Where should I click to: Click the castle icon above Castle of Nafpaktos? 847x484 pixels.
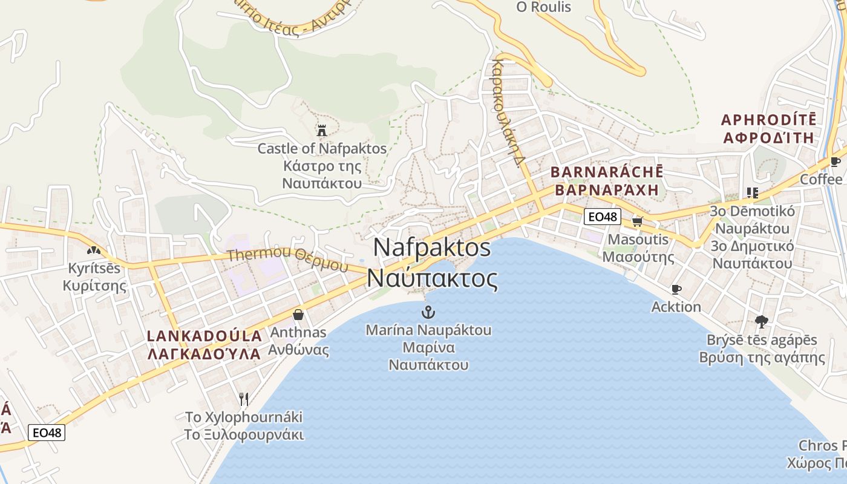point(321,130)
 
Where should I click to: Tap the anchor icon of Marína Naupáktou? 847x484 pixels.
point(428,312)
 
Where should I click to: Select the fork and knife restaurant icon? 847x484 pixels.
point(244,399)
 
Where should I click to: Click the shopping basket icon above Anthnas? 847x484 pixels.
point(298,314)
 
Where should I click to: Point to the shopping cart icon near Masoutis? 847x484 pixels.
point(636,221)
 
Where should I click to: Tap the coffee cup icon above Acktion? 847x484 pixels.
point(676,289)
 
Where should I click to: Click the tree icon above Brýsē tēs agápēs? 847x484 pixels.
point(761,322)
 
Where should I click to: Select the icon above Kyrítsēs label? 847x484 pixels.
point(93,249)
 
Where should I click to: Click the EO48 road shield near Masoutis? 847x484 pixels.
point(603,217)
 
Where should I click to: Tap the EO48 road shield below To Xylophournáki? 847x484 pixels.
point(47,433)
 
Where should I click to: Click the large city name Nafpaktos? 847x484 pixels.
point(432,247)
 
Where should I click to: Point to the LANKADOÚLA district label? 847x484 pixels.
point(205,336)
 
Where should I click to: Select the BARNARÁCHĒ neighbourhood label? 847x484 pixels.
point(607,172)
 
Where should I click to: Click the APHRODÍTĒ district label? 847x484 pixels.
point(768,119)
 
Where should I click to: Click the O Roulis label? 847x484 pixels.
point(543,7)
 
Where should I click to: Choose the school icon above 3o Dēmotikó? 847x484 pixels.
point(752,193)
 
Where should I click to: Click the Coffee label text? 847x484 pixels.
point(821,180)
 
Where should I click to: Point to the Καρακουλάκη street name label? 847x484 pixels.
point(508,112)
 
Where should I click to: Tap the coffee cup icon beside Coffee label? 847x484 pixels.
point(835,162)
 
